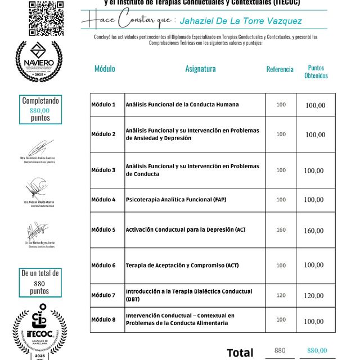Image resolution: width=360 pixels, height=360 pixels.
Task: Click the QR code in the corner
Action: click(46, 18)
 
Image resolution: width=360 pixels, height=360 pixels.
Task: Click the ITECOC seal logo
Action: click(39, 332)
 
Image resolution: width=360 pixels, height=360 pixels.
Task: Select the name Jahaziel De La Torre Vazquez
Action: click(241, 21)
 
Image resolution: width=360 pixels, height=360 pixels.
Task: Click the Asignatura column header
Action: click(200, 69)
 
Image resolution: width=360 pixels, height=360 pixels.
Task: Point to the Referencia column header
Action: click(280, 70)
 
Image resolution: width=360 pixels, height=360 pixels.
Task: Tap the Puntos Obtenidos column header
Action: click(316, 71)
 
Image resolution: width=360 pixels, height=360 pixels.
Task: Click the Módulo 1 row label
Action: click(103, 105)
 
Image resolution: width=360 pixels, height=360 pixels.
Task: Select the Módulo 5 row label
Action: click(103, 229)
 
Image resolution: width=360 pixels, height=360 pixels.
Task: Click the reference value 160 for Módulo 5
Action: click(281, 229)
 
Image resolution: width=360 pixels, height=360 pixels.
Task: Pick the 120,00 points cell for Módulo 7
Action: click(314, 295)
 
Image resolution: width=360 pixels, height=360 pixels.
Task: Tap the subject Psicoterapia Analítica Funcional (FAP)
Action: click(177, 200)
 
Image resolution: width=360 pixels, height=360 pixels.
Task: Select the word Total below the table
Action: click(240, 353)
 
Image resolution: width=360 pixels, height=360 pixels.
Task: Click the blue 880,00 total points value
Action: click(317, 350)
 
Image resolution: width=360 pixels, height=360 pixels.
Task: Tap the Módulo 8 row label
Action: click(103, 319)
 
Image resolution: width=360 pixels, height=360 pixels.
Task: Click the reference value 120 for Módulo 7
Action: click(281, 295)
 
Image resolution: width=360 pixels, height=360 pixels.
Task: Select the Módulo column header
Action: click(105, 69)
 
